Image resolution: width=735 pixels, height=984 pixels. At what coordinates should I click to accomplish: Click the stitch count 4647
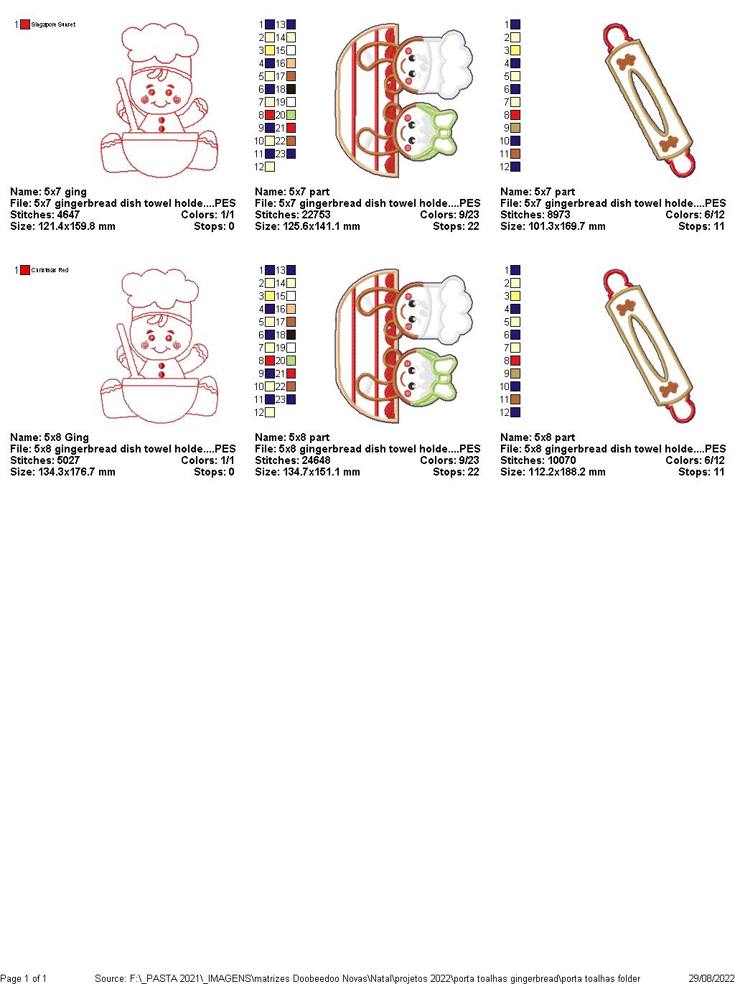click(x=68, y=215)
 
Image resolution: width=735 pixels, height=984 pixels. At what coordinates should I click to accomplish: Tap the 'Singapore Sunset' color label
click(x=53, y=24)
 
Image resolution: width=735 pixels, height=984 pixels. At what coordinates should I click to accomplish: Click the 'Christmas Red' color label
click(x=50, y=270)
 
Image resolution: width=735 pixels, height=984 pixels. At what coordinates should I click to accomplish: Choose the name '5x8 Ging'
click(x=65, y=437)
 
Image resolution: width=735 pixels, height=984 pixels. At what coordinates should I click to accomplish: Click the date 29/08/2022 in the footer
click(x=711, y=978)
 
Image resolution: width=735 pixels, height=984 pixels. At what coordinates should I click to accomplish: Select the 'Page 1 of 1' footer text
click(x=24, y=978)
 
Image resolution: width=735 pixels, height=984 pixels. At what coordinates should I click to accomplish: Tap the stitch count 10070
click(x=561, y=460)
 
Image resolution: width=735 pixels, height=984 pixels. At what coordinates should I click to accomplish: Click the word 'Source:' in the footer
click(x=111, y=978)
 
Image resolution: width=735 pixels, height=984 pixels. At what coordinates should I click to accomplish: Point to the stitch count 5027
click(x=68, y=460)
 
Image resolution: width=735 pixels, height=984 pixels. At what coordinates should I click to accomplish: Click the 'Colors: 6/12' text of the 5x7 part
click(x=695, y=215)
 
